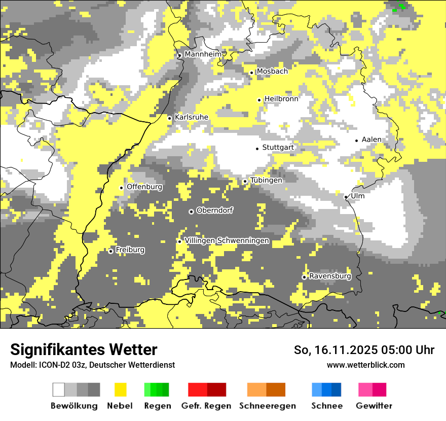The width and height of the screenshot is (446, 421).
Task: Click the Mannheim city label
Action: [x=203, y=54]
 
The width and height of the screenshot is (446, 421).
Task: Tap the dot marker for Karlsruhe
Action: [x=170, y=118]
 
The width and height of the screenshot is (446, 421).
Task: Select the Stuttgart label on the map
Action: [x=278, y=148]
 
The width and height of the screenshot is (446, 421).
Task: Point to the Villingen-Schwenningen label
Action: [x=227, y=241]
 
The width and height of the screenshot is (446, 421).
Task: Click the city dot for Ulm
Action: [x=346, y=197]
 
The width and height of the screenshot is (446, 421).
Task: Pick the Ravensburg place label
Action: [x=330, y=276]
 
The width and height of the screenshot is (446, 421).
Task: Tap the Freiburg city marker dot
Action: [x=110, y=251]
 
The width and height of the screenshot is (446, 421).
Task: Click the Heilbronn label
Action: [x=281, y=99]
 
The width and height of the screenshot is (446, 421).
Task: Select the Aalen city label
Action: [x=371, y=139]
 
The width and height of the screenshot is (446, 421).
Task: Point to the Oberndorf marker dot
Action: [x=191, y=212]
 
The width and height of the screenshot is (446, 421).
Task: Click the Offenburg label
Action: [x=144, y=187]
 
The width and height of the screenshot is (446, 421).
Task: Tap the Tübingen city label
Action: [x=266, y=180]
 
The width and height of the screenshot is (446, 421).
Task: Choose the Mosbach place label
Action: [x=272, y=72]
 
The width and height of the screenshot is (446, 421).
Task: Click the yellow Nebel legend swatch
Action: [x=121, y=390]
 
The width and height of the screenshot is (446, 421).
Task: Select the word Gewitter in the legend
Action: [x=374, y=406]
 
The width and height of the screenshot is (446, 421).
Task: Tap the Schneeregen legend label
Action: [x=268, y=406]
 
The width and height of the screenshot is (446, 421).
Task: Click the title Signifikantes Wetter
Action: [x=84, y=349]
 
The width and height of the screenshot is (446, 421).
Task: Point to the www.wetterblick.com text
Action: [x=365, y=365]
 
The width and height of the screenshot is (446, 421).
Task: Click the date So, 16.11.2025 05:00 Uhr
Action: [x=364, y=350]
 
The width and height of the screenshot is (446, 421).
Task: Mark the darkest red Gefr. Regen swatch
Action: [x=216, y=390]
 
